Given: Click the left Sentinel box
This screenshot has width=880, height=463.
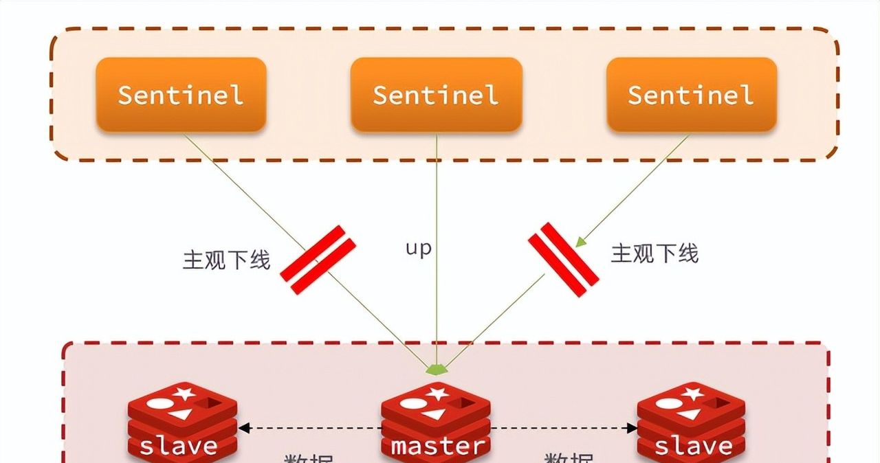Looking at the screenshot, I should tap(181, 94).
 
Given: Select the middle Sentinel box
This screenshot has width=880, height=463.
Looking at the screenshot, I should tap(436, 94).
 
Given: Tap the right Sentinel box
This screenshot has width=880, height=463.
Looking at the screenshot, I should tap(691, 94).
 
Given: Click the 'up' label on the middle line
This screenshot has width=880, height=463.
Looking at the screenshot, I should tap(418, 248).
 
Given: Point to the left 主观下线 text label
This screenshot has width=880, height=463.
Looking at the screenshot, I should tap(226, 260).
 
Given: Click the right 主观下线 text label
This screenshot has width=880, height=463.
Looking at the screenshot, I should tap(654, 253).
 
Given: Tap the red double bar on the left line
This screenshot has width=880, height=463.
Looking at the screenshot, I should tap(318, 260).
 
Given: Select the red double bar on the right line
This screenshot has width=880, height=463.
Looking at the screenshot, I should tap(563, 259).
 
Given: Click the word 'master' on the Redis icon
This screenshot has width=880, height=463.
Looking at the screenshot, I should tap(437, 446).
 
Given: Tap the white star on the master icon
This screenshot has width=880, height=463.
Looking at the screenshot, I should tap(439, 394).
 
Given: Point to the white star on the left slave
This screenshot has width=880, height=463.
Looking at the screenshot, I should tap(184, 394).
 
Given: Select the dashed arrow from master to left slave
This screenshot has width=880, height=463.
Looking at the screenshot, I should tap(309, 428).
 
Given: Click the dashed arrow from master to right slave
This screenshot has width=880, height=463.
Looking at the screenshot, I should tap(564, 428).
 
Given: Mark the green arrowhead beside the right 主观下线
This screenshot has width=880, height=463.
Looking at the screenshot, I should tap(581, 241).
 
